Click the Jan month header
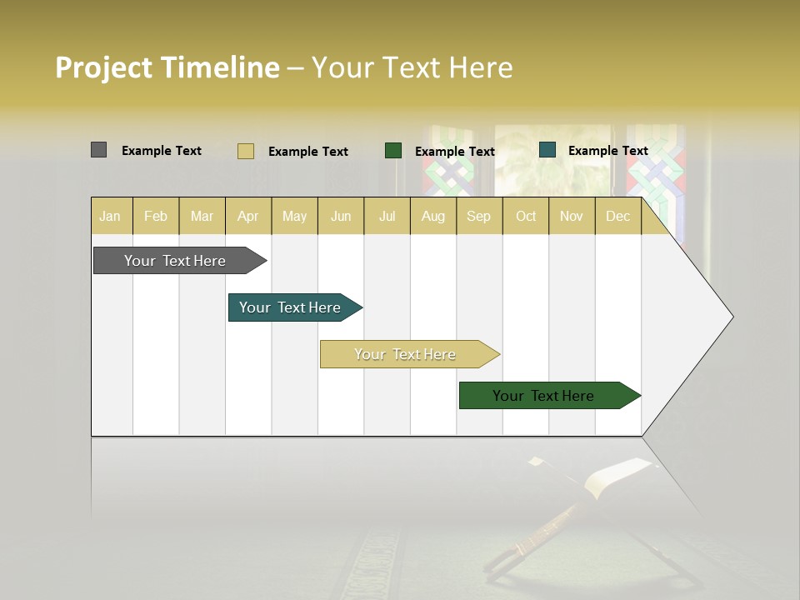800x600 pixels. (111, 216)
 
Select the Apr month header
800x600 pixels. (248, 216)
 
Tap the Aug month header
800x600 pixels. (433, 216)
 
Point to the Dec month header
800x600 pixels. (618, 216)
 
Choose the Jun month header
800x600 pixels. (341, 216)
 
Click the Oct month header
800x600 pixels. (526, 216)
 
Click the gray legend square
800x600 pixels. (98, 150)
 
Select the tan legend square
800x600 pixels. (245, 151)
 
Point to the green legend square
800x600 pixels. (393, 150)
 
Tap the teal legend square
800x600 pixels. (547, 150)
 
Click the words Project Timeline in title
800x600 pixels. (167, 67)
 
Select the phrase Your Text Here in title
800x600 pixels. (412, 67)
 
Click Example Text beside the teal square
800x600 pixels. (607, 151)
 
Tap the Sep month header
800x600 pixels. (479, 216)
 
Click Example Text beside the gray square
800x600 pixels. (162, 151)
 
